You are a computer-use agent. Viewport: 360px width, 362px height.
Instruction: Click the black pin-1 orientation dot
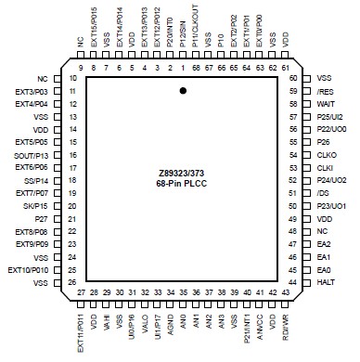[184, 90]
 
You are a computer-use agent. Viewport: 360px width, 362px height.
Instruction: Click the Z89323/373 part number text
[182, 172]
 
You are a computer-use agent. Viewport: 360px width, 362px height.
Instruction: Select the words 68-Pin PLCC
[182, 184]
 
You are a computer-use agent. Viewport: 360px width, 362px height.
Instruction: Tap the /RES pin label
[324, 92]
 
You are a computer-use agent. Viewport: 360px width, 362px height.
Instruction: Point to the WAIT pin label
[325, 104]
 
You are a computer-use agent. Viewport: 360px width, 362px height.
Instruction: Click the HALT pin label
[324, 282]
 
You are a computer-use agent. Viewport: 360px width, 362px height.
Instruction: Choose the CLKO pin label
[326, 155]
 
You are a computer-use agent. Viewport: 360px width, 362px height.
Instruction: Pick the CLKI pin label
[325, 168]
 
